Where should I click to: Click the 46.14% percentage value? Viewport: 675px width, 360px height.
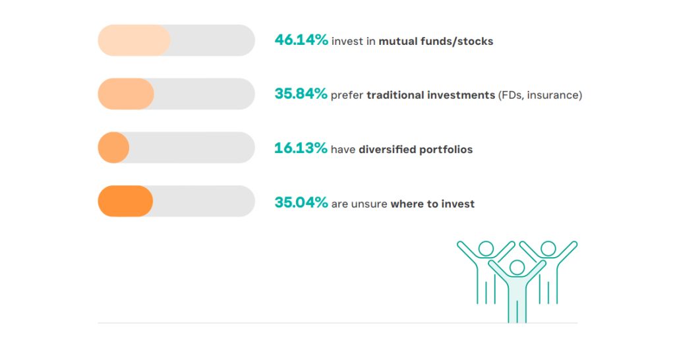click(301, 40)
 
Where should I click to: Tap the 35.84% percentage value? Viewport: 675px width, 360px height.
click(301, 94)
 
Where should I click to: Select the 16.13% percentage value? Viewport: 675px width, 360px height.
click(301, 148)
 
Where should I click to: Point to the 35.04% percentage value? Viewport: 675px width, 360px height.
click(301, 202)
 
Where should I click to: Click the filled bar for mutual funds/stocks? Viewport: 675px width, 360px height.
click(134, 40)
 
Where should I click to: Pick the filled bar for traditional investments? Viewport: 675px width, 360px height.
click(126, 94)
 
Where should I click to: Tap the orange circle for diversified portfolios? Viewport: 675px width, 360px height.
click(113, 148)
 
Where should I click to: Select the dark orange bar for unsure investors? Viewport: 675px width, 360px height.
click(125, 201)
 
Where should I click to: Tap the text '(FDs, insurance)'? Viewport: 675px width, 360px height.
click(541, 95)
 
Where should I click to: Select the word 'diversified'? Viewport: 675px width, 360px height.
click(387, 150)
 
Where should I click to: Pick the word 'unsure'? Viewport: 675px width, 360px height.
click(369, 204)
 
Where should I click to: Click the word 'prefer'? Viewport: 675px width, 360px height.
click(347, 96)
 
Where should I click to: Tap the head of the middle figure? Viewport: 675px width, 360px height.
click(517, 268)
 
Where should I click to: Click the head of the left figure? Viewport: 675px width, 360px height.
click(486, 249)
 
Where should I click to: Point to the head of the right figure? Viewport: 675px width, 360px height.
click(548, 249)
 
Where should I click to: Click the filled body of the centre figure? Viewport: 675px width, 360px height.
click(517, 297)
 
